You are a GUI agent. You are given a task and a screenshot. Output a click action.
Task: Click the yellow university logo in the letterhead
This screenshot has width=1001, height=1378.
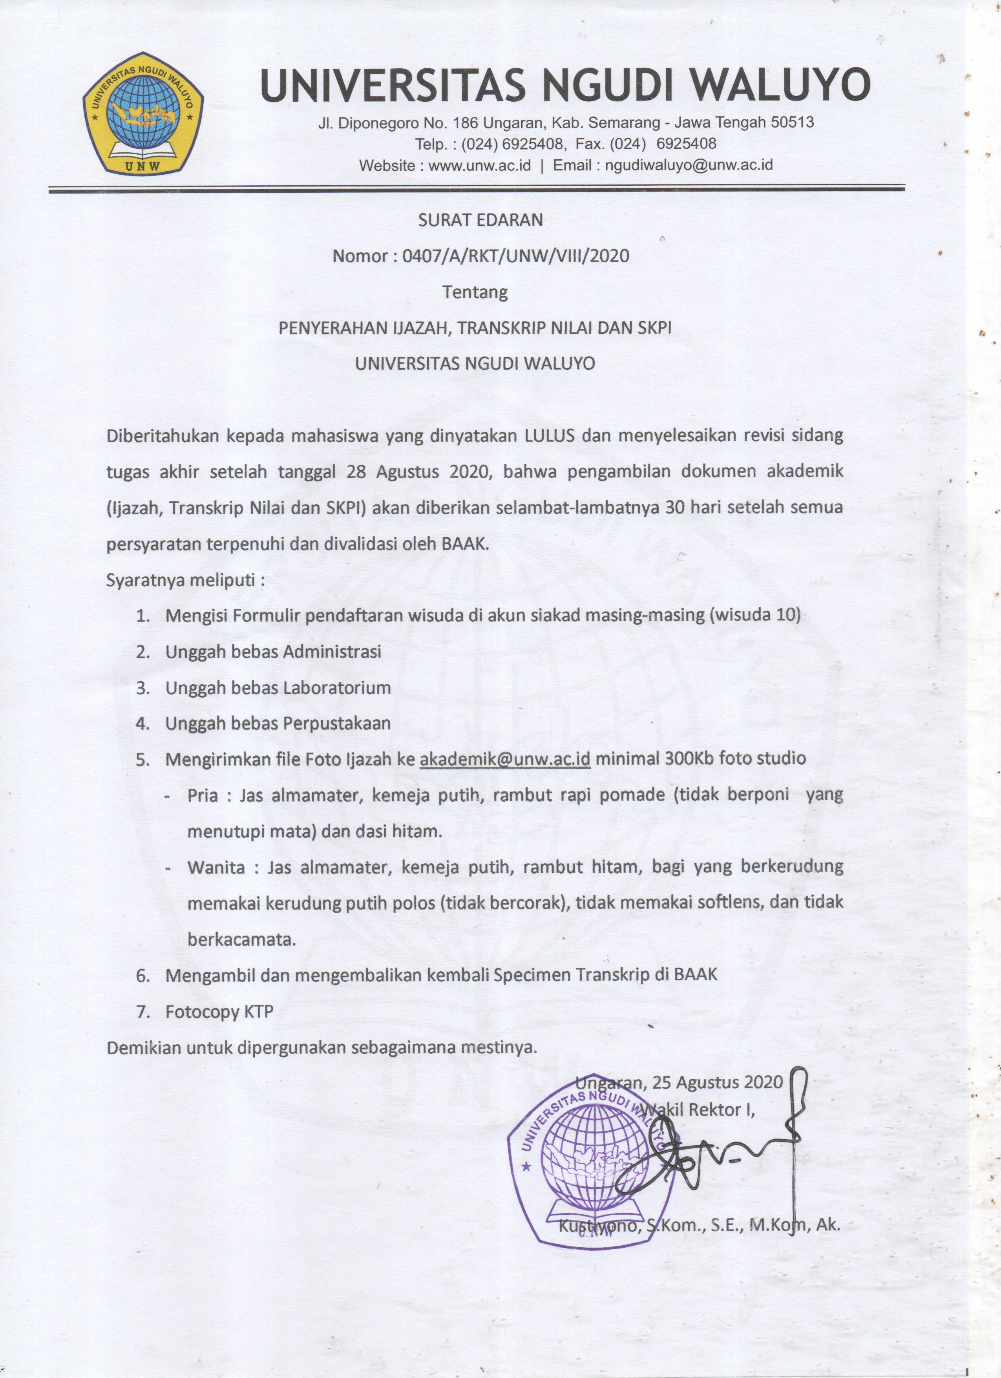point(143,113)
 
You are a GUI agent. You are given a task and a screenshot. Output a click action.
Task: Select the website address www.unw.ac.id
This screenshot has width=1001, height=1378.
point(479,165)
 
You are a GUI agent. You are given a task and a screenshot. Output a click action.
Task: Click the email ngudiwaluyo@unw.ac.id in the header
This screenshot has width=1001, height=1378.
point(689,165)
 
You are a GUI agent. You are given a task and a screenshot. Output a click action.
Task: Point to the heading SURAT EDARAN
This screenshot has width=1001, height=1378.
point(480,220)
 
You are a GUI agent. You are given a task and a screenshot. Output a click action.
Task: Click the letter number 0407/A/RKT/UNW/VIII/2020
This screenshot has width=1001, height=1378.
point(515,256)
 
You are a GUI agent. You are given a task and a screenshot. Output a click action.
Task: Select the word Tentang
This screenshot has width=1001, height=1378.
point(475,292)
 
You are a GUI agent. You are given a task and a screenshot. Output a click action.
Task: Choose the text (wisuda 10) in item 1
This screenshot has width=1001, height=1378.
point(754,615)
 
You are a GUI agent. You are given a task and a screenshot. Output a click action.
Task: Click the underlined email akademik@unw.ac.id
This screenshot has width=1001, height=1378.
point(505,759)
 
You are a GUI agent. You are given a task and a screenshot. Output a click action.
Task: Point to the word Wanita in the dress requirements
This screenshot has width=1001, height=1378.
point(216,866)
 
